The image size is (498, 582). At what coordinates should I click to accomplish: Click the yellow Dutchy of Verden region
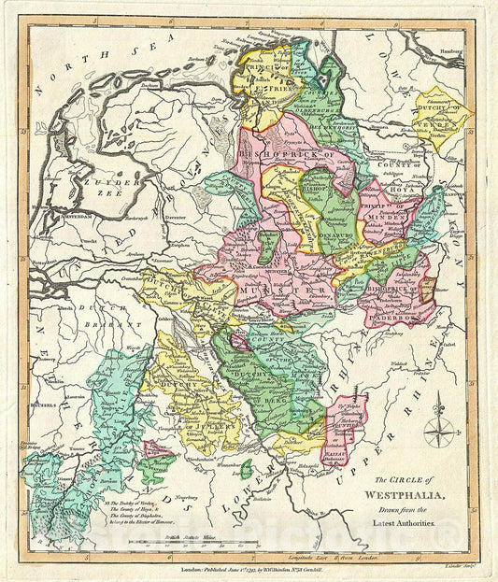click(440, 116)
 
